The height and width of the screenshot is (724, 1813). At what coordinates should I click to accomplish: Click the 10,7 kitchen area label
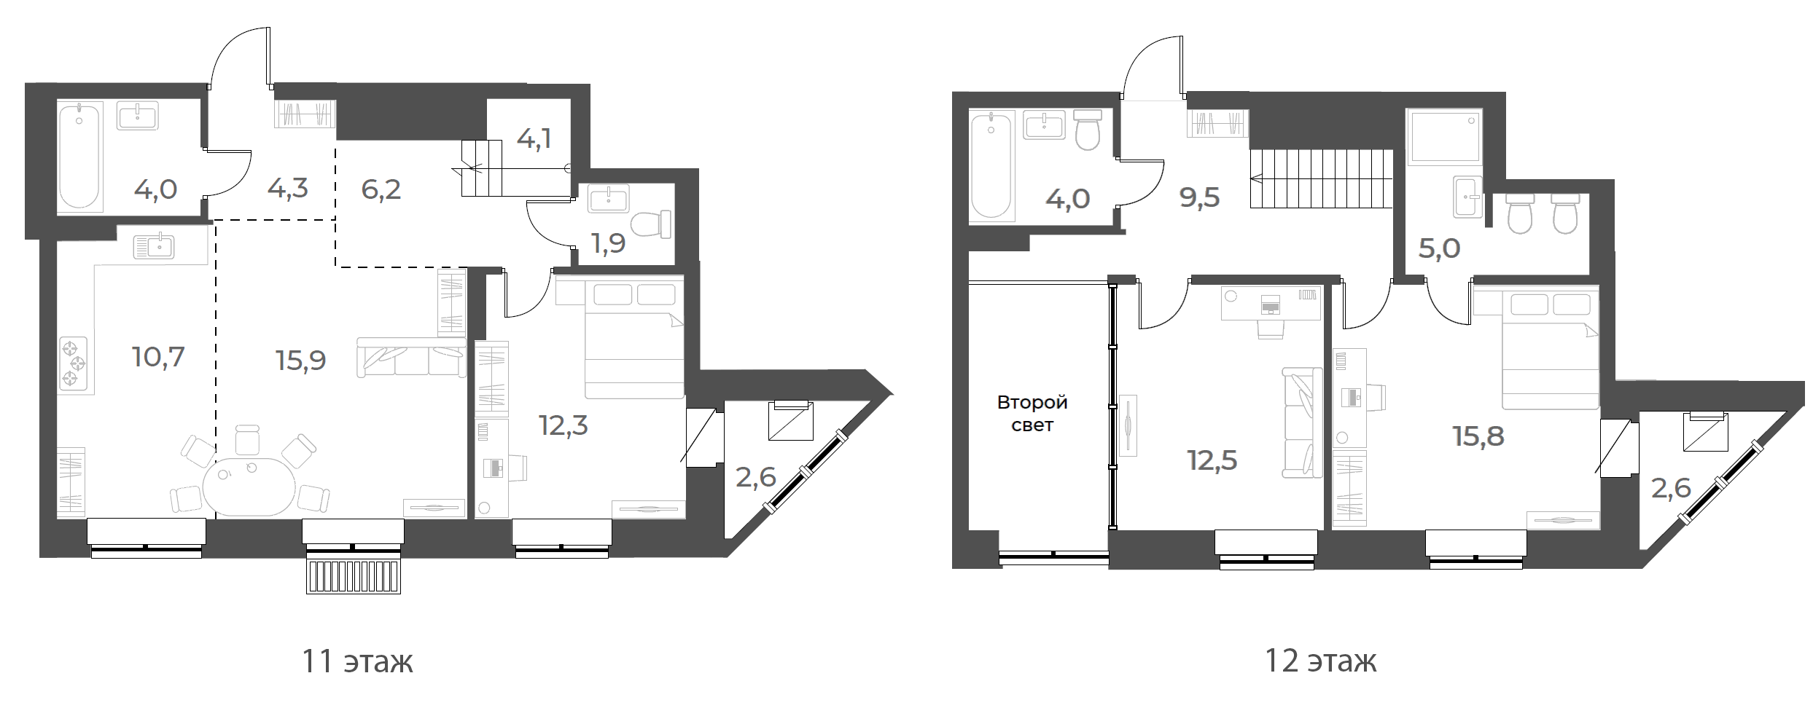click(x=158, y=358)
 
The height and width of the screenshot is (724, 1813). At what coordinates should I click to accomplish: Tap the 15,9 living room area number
click(x=301, y=361)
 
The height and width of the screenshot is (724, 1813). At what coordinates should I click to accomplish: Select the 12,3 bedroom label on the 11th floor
click(x=563, y=426)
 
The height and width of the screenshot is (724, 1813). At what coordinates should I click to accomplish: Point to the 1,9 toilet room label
click(x=608, y=244)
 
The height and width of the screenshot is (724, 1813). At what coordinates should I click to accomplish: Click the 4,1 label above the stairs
click(x=534, y=139)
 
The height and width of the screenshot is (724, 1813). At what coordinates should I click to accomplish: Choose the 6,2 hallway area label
click(x=381, y=190)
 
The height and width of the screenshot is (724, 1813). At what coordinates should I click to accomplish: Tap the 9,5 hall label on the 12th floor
click(x=1200, y=197)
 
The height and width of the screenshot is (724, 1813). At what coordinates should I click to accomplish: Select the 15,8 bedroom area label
click(x=1478, y=437)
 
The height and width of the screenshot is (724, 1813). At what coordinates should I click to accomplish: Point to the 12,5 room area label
click(x=1212, y=461)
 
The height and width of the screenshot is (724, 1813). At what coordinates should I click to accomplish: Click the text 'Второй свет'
click(x=1032, y=413)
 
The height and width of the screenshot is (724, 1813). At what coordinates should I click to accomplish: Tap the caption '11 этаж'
click(x=357, y=662)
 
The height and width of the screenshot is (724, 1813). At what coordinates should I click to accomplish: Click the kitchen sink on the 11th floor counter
click(x=154, y=248)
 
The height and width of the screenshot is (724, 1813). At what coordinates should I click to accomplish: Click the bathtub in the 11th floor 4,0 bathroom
click(x=79, y=157)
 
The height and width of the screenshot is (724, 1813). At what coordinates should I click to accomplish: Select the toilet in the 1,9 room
click(x=650, y=224)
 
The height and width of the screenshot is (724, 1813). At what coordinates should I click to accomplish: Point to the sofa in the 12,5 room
click(x=1302, y=423)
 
